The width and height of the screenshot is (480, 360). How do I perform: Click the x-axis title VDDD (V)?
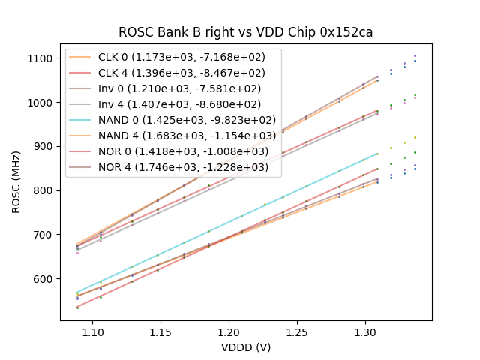click(246, 346)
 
